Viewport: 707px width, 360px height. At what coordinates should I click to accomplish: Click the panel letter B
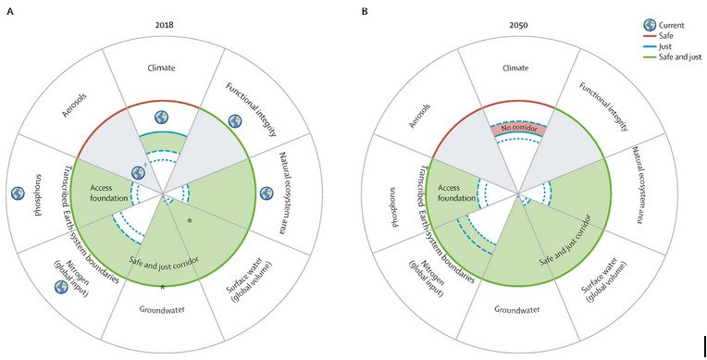366,12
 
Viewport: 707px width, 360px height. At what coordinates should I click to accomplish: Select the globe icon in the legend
650,24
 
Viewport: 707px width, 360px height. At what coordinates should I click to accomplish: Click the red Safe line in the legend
651,37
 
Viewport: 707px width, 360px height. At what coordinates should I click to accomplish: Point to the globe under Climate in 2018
161,118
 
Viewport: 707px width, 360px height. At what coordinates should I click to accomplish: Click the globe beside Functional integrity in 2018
234,121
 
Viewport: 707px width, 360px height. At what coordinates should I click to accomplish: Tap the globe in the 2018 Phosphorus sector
18,193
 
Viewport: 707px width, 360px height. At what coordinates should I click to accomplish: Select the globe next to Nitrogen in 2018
61,286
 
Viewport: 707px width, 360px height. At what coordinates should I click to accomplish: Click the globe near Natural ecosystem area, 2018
267,193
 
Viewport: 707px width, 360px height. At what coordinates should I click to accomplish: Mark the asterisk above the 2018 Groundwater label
162,288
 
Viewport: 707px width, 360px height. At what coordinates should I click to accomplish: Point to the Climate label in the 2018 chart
161,68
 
